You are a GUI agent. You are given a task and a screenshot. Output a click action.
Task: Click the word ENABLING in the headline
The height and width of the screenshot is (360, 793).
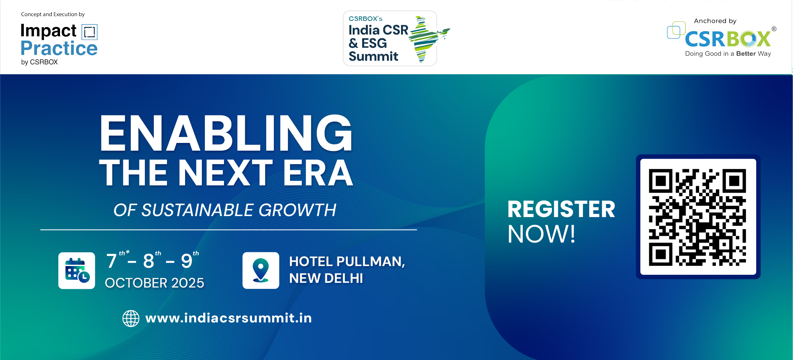(226, 133)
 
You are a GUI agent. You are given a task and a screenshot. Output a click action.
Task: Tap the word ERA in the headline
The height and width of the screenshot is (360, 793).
(318, 173)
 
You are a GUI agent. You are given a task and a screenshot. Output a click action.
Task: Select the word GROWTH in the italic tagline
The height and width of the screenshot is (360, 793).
(297, 210)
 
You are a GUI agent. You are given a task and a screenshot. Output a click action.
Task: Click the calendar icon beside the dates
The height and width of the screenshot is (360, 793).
(77, 270)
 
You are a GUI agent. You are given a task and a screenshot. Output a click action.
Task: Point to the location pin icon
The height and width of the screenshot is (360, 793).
(261, 270)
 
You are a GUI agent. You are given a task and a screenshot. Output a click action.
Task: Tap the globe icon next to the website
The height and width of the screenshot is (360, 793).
(131, 318)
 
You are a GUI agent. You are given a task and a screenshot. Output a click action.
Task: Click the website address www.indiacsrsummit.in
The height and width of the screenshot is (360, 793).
(228, 318)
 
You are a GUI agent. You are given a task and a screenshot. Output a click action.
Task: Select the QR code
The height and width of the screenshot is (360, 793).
(698, 217)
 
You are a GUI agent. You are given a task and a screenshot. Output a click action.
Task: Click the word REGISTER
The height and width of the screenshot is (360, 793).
(561, 209)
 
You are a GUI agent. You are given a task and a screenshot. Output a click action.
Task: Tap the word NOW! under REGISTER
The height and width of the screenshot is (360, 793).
(542, 234)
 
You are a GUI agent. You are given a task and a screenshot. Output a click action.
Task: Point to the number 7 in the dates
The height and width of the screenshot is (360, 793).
(111, 261)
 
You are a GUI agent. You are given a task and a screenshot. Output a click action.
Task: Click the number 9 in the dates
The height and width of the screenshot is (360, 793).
(187, 261)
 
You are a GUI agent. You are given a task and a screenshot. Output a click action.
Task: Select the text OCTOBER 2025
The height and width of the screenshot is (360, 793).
(155, 283)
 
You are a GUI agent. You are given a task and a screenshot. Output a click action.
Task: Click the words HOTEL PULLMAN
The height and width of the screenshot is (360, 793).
(347, 262)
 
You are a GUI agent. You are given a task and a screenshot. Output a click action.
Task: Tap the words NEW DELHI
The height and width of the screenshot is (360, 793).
(326, 278)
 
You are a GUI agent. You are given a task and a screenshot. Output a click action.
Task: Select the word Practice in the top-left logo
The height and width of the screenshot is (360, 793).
(59, 48)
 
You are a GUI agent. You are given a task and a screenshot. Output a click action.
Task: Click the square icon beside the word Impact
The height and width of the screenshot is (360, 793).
(90, 32)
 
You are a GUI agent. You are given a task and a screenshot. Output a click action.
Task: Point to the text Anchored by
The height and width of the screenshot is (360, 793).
(715, 21)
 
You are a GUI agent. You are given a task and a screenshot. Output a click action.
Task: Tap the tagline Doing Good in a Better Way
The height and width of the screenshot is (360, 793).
(728, 54)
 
